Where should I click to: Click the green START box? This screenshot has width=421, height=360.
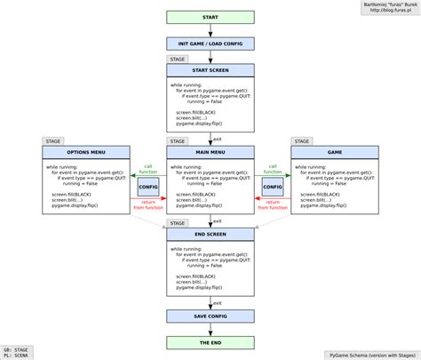pyautogui.click(x=210, y=18)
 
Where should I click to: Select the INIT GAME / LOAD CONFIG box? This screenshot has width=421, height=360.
pyautogui.click(x=210, y=44)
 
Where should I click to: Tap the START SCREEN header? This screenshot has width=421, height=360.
pyautogui.click(x=210, y=70)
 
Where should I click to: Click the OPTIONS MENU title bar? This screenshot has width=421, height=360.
pyautogui.click(x=85, y=152)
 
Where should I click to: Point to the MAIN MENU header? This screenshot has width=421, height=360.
pyautogui.click(x=210, y=152)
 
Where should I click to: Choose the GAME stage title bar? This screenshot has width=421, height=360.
pyautogui.click(x=335, y=152)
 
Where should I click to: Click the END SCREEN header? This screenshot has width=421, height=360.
pyautogui.click(x=210, y=234)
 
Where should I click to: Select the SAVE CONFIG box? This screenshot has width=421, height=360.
pyautogui.click(x=210, y=316)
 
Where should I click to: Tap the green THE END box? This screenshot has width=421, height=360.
pyautogui.click(x=210, y=342)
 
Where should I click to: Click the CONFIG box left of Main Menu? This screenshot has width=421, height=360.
pyautogui.click(x=148, y=188)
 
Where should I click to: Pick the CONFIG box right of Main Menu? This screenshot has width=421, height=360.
pyautogui.click(x=273, y=188)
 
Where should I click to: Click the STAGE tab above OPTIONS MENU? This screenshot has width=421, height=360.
pyautogui.click(x=52, y=140)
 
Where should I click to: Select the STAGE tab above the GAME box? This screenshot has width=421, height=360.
pyautogui.click(x=302, y=140)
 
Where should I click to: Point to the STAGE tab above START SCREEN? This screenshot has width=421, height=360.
pyautogui.click(x=178, y=59)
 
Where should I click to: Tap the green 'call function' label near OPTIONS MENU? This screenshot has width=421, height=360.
pyautogui.click(x=148, y=169)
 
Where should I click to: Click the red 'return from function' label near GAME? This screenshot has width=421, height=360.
pyautogui.click(x=273, y=206)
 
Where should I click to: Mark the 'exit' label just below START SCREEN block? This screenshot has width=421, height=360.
pyautogui.click(x=218, y=139)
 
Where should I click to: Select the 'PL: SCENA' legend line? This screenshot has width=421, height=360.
pyautogui.click(x=17, y=356)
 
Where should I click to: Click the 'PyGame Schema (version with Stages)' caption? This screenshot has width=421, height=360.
pyautogui.click(x=370, y=353)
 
